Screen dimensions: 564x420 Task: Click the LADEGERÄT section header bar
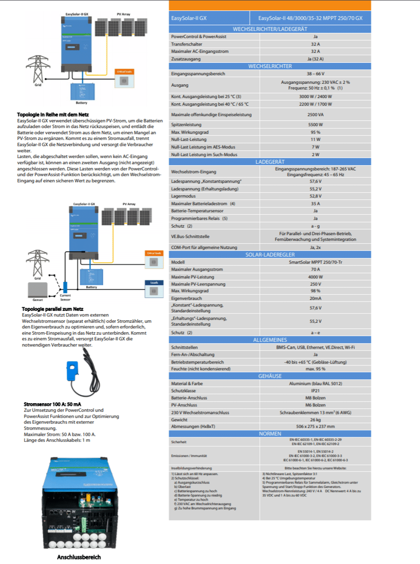[x=270, y=162]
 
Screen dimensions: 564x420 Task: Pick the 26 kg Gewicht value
[x=315, y=420]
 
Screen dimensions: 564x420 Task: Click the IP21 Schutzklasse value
[x=315, y=390]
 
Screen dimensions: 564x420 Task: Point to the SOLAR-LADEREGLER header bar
[x=270, y=255]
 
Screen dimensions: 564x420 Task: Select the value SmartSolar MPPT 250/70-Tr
[x=315, y=262]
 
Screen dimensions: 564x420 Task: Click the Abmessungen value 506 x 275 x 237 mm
[x=315, y=427]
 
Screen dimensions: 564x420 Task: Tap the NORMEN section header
[x=270, y=434]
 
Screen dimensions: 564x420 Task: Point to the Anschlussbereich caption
[x=79, y=557]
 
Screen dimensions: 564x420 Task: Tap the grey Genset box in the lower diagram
[x=38, y=290]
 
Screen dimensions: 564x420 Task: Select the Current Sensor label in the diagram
[x=65, y=297]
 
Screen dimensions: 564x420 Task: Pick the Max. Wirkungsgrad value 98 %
[x=315, y=291]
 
